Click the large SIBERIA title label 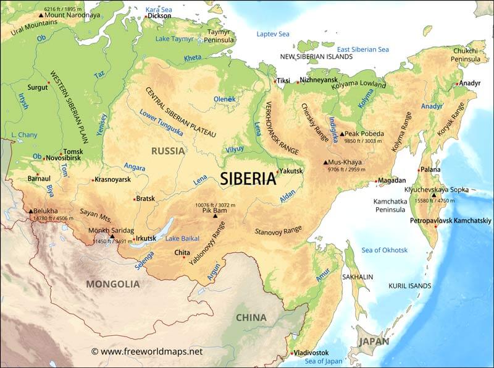248,179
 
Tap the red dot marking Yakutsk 277,172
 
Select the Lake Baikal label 182,239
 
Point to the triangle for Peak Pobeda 342,134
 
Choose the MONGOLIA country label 112,284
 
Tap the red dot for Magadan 376,181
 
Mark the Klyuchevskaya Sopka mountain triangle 433,195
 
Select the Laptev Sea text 273,34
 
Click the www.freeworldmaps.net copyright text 146,351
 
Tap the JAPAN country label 375,341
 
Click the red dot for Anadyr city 458,83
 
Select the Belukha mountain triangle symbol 30,212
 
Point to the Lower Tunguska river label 161,122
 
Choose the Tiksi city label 283,81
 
